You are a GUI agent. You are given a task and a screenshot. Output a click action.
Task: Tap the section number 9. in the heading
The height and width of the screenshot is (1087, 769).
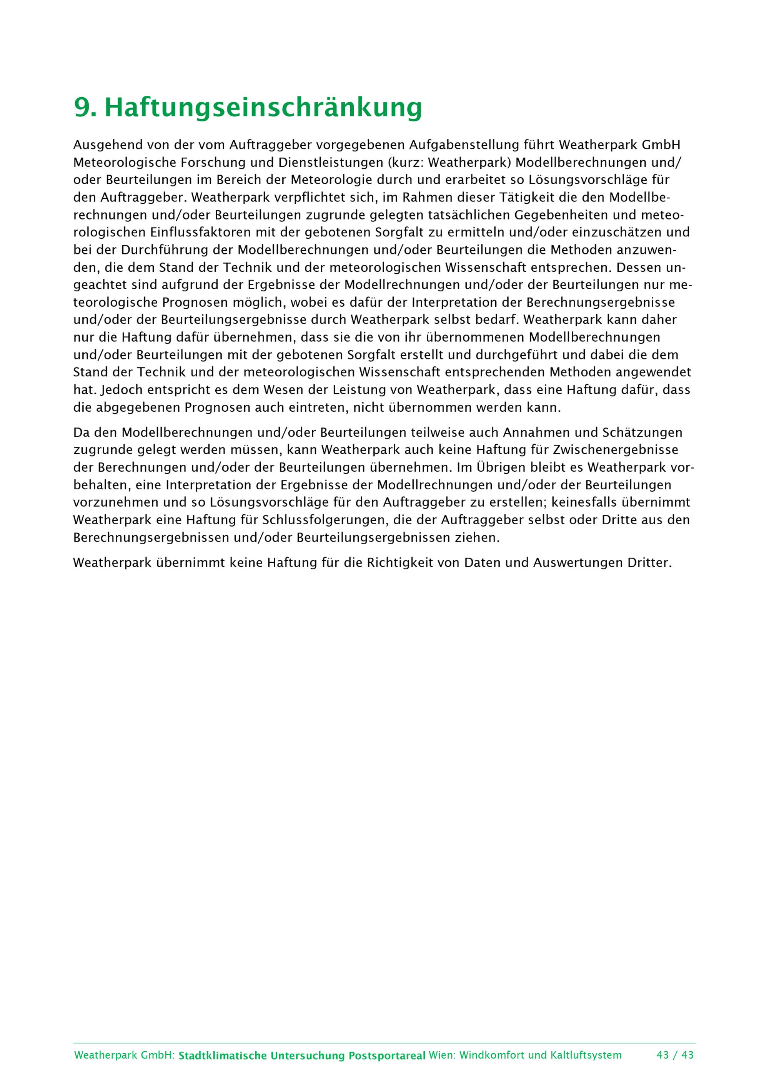86,108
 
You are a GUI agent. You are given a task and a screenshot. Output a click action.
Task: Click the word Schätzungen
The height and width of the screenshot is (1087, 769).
642,432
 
